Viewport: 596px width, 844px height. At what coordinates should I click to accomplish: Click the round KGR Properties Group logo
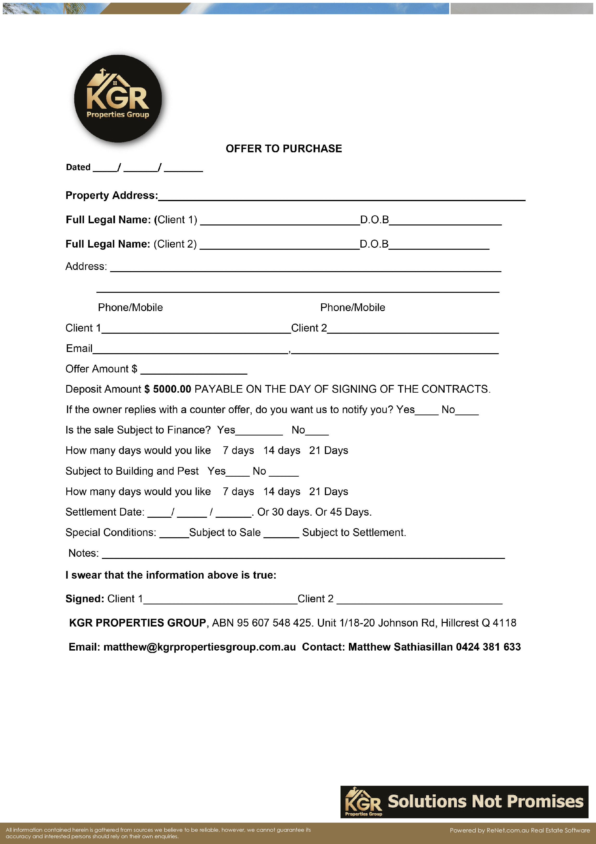118,98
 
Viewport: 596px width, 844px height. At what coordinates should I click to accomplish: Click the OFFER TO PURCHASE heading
284,148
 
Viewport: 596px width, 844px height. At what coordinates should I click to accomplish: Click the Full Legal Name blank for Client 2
279,247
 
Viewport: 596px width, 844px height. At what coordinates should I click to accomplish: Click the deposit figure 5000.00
172,389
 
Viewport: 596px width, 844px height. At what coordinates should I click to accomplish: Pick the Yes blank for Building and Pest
238,474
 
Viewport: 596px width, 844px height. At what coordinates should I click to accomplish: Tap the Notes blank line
303,556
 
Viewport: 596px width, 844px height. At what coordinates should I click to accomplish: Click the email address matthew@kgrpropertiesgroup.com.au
199,647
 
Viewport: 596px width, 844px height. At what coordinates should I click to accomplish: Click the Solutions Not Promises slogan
485,801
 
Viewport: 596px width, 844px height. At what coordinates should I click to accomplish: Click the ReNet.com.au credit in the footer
508,830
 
